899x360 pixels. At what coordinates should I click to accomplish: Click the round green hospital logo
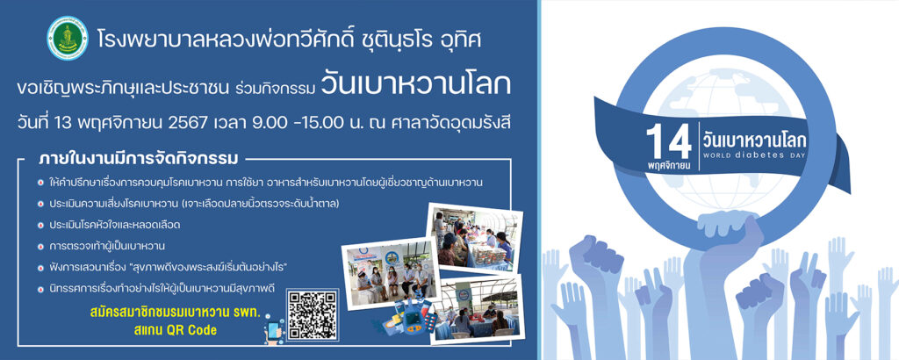tap(68, 39)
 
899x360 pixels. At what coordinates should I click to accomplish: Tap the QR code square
tap(312, 314)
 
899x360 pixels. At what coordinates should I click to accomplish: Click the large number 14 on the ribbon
tap(668, 141)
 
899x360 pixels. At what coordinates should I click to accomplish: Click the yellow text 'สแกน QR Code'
tap(181, 331)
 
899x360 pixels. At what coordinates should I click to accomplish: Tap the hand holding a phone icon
tap(273, 332)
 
